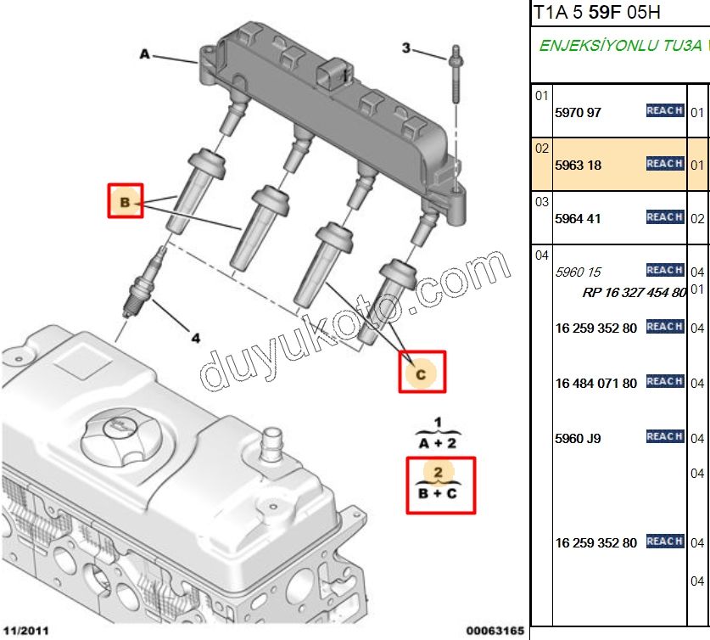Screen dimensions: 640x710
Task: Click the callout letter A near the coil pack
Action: click(144, 54)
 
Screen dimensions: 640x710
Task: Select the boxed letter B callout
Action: click(126, 201)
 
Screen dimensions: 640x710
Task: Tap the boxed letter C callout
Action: click(422, 371)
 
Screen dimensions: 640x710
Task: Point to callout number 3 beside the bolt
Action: click(406, 48)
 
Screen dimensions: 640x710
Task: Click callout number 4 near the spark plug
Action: click(196, 338)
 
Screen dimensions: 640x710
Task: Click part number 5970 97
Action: click(578, 112)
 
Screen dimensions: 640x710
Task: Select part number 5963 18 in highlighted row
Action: click(578, 165)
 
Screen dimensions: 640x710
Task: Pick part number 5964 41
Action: click(578, 218)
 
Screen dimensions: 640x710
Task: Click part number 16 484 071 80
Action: click(596, 383)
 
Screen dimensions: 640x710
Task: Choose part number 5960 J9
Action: click(578, 438)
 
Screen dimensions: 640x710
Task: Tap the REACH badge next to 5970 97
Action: click(664, 110)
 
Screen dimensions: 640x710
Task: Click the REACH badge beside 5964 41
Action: click(664, 216)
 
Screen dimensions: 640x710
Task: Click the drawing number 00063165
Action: click(494, 630)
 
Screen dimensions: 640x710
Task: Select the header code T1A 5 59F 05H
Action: click(596, 13)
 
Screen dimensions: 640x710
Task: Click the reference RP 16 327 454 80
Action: click(634, 292)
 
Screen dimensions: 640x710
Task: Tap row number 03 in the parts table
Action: click(542, 201)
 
